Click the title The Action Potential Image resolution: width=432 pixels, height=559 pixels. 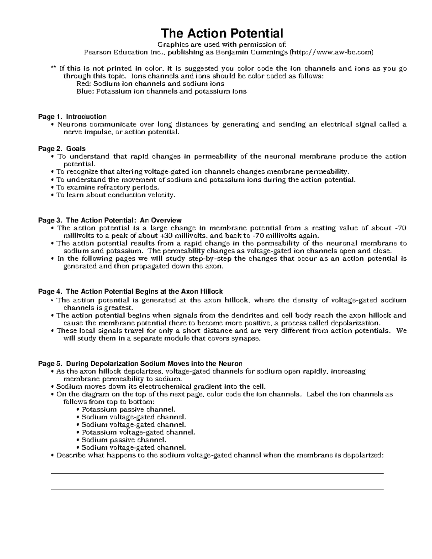coord(222,33)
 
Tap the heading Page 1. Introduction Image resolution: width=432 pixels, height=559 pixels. coord(72,117)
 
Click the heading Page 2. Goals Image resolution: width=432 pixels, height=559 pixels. coord(62,149)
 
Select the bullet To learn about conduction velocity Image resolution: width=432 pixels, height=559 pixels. coord(116,195)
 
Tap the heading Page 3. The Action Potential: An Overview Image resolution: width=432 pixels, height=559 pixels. coord(110,220)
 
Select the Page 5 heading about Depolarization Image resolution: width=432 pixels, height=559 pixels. coord(140,364)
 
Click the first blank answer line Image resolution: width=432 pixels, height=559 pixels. coord(217,473)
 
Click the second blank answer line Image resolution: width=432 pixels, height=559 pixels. coord(217,489)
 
